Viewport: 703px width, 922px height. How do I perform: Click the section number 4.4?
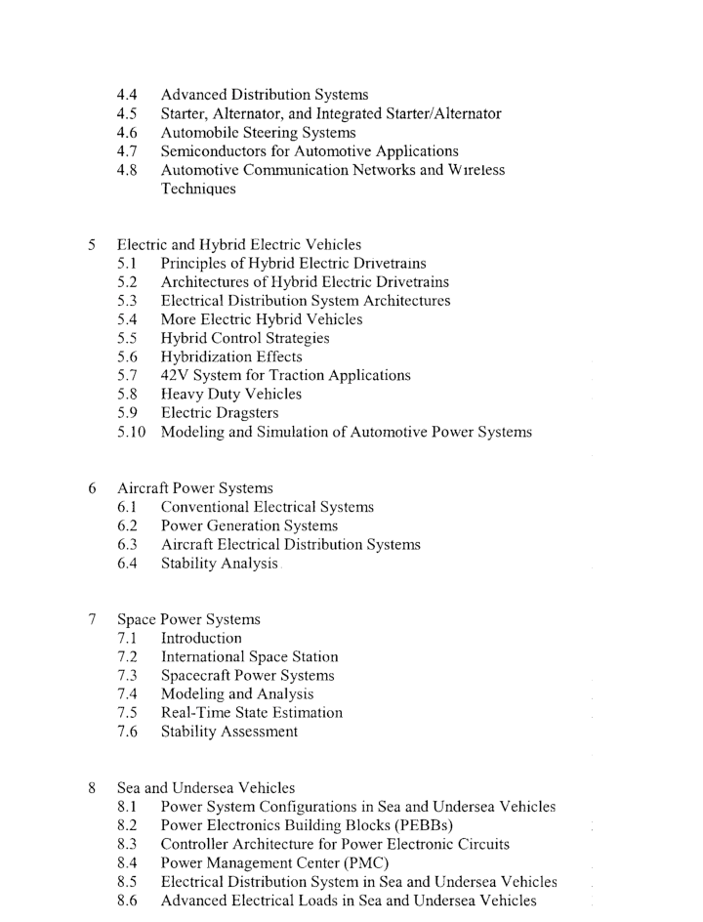pos(126,95)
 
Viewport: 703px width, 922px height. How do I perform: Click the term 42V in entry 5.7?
pos(178,375)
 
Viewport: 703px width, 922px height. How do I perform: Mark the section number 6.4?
pos(126,563)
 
